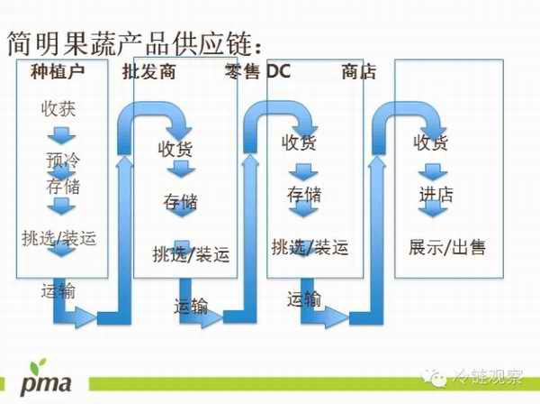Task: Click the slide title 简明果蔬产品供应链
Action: pos(135,41)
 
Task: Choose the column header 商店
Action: pos(359,73)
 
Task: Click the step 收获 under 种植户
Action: pos(58,110)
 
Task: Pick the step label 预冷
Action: pos(62,161)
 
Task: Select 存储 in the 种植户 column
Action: pos(62,187)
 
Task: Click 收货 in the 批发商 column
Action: pos(175,150)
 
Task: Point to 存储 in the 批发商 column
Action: pos(180,201)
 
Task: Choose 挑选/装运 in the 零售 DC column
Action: pos(310,246)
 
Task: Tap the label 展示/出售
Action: pos(446,246)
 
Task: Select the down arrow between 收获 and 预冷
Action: pos(61,136)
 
